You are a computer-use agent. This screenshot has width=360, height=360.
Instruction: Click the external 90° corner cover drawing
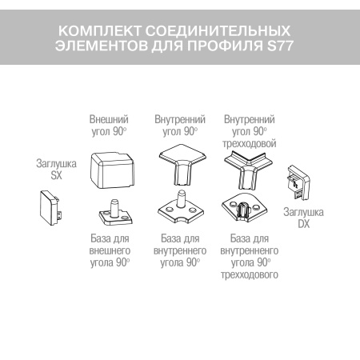point(112,170)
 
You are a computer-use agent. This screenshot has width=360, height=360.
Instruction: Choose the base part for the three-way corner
point(246,210)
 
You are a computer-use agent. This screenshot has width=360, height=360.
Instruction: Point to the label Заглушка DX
point(305,218)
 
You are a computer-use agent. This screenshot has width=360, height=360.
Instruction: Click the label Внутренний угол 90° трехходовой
point(250,131)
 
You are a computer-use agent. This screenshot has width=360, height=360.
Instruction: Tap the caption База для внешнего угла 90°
point(111,250)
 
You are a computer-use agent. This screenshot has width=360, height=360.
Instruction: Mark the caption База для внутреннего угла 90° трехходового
point(250,257)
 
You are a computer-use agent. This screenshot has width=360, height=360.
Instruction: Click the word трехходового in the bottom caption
point(250,275)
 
